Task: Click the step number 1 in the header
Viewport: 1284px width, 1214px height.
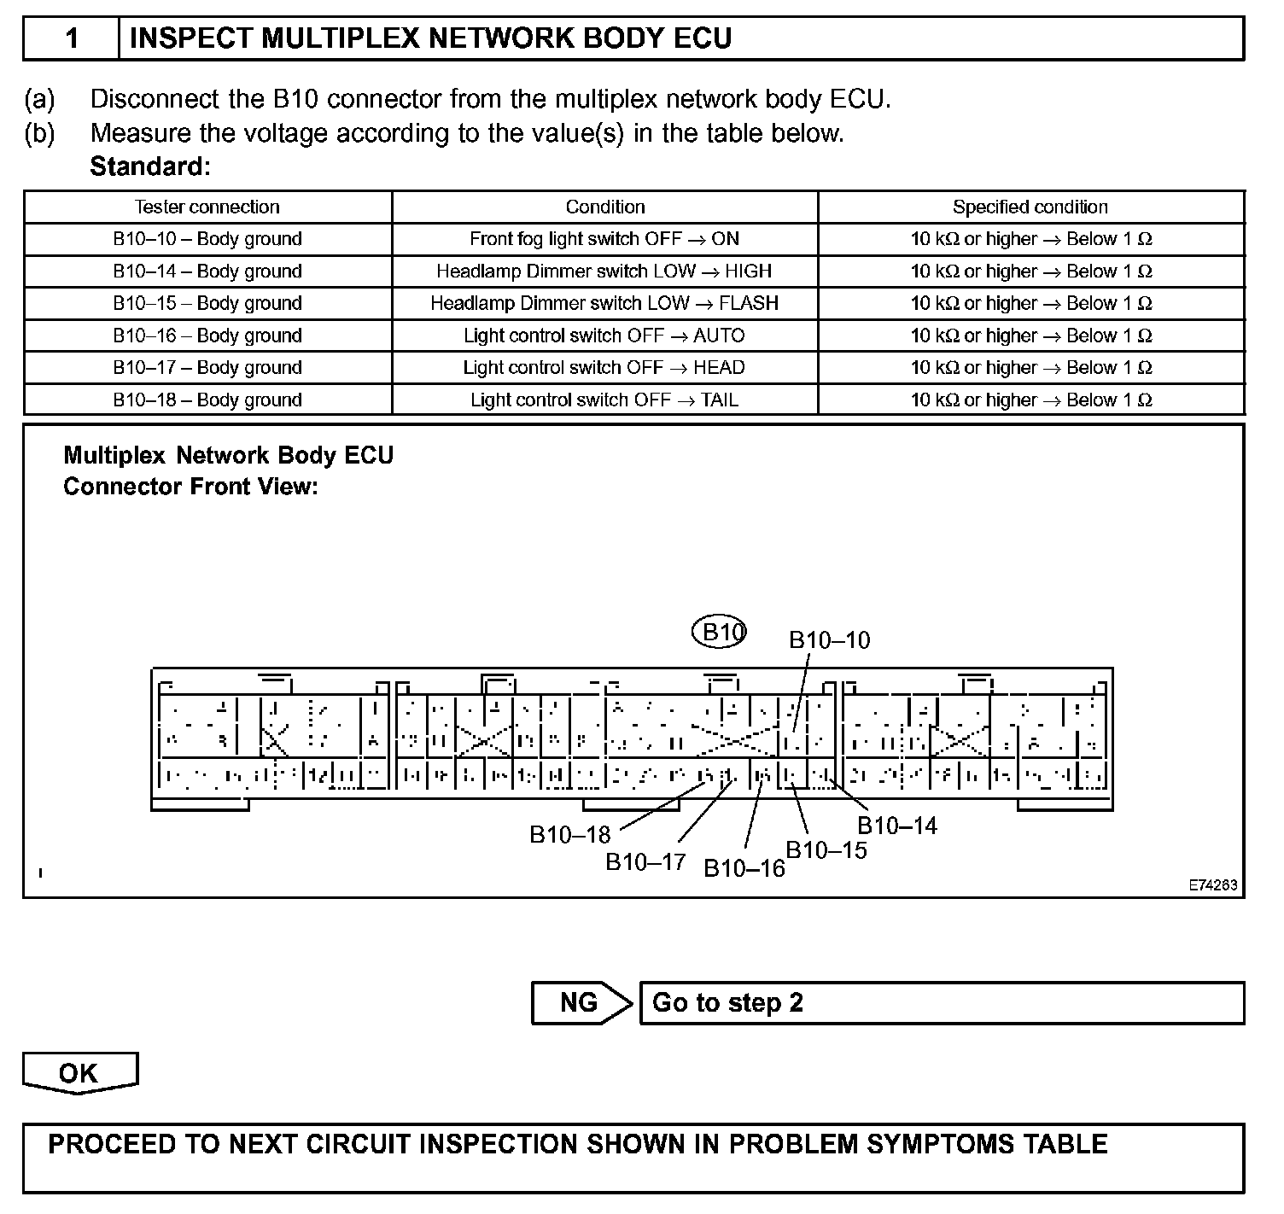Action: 72,38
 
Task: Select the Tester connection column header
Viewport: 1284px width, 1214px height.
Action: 207,207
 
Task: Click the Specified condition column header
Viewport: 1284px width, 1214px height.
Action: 1030,207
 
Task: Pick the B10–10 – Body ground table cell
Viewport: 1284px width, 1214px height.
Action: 207,239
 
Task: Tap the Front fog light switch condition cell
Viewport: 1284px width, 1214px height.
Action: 604,239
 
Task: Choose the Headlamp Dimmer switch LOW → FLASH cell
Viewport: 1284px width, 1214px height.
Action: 604,303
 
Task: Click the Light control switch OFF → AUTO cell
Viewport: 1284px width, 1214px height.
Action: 604,336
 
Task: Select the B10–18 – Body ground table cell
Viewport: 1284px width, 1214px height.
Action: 207,400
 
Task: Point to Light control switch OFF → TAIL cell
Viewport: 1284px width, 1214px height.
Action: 604,400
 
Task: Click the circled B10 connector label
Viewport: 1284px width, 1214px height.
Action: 720,633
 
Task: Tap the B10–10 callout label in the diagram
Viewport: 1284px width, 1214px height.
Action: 829,640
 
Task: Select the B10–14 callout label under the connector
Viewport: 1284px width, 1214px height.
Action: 896,826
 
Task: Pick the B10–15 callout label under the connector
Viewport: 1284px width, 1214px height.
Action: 826,850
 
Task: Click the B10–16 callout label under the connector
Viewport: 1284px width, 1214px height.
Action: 744,868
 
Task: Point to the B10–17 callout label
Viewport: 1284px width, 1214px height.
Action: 645,862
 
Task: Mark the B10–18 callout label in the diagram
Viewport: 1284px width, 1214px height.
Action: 570,834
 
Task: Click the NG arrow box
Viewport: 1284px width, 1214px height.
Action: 581,1002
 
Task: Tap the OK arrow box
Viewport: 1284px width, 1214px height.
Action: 79,1073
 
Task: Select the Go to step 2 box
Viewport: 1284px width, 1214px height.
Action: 941,1002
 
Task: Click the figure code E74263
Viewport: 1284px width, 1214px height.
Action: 1213,886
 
